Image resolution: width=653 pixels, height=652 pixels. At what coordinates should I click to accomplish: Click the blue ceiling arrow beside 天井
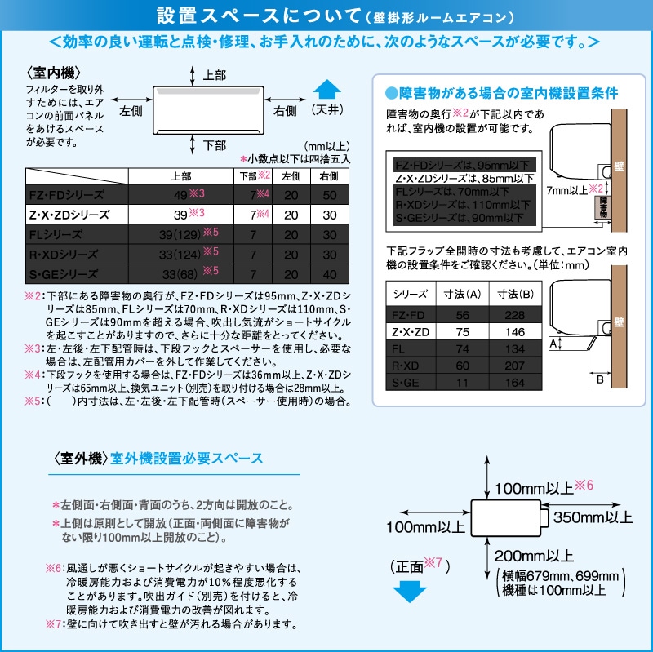point(326,89)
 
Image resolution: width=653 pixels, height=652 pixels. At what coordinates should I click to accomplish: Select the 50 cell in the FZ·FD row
point(330,195)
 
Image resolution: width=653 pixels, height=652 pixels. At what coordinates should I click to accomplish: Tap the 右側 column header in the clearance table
point(330,175)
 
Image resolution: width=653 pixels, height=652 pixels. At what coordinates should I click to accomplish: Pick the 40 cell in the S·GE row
point(330,274)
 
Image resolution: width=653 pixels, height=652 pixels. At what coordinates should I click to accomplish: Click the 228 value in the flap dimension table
point(514,315)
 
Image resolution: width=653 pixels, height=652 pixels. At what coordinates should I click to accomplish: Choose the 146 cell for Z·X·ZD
point(514,333)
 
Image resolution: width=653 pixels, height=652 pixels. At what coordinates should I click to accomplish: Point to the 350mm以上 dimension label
point(593,517)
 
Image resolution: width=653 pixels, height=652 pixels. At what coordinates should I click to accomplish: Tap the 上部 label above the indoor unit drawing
point(214,75)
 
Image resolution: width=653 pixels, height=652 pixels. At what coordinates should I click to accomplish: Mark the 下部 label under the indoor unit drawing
point(214,145)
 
